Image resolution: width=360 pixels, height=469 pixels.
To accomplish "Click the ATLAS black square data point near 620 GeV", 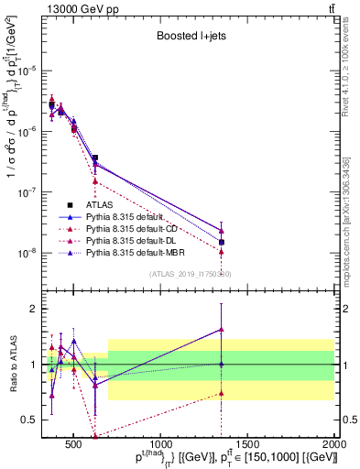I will click(94, 158).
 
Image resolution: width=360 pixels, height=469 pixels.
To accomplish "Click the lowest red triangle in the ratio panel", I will click(94, 437).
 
